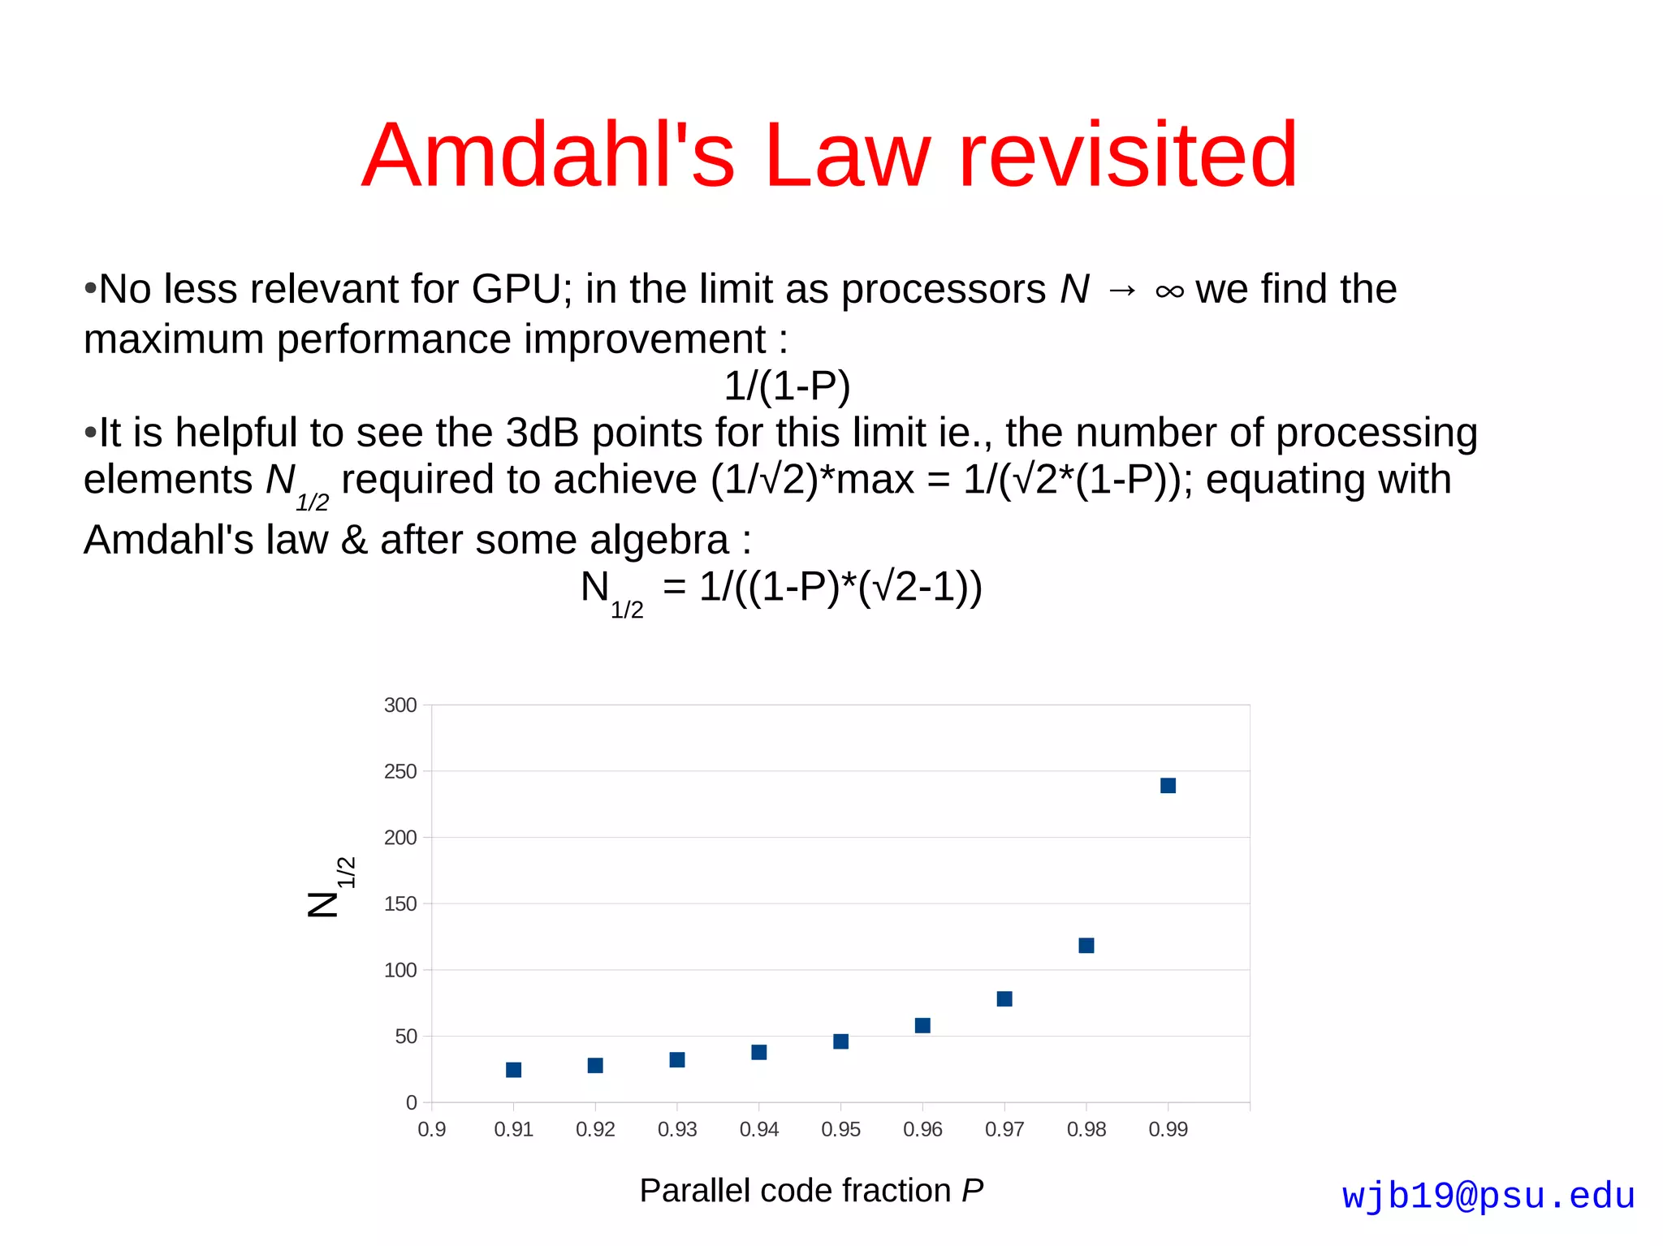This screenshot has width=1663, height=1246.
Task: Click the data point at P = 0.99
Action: (1168, 785)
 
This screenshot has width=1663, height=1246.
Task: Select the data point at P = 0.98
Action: (1086, 945)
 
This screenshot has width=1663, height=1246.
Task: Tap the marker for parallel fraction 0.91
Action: (513, 1070)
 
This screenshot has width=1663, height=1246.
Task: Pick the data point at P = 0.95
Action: (840, 1041)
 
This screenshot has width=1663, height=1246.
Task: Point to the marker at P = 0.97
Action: (1004, 998)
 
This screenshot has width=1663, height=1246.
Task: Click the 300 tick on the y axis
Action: (400, 705)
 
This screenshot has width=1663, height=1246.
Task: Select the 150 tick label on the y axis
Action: (400, 903)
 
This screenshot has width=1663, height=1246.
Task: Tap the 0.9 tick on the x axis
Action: (431, 1129)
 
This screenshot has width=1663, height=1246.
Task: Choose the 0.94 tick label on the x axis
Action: (758, 1129)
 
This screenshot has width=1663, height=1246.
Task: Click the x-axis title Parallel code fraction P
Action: (810, 1190)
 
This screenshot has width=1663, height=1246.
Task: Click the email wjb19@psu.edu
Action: (1488, 1196)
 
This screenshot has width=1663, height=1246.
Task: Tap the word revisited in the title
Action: (1128, 154)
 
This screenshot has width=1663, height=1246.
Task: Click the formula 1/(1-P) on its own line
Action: (787, 386)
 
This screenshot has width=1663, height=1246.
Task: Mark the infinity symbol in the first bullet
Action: (1169, 291)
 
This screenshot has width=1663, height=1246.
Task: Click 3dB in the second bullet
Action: (542, 433)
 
